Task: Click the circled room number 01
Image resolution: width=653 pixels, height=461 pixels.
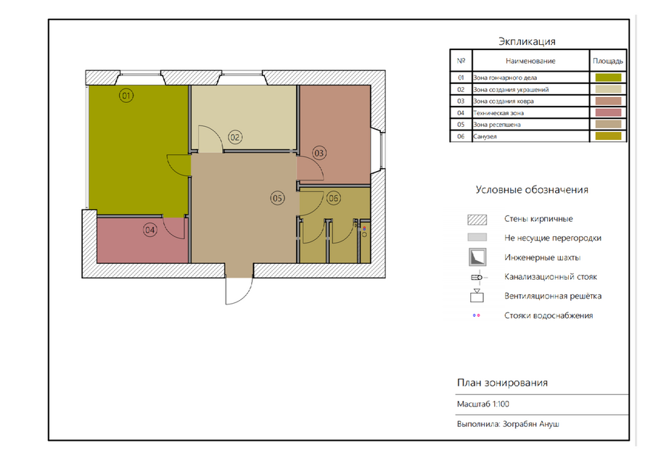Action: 126,96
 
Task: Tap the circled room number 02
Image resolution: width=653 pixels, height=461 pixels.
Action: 235,137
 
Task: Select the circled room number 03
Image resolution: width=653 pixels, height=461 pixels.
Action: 319,153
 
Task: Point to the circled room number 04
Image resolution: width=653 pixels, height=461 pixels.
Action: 150,230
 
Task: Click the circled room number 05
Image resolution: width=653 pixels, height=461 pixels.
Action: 277,198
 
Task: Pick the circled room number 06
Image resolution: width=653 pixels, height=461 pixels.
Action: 333,198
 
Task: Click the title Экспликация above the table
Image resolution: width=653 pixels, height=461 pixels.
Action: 527,41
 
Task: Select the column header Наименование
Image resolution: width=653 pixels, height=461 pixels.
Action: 530,61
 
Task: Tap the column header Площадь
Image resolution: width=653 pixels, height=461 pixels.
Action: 608,61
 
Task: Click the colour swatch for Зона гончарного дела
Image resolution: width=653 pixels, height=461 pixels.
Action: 608,78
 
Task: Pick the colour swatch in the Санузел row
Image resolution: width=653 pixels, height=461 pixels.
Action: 608,136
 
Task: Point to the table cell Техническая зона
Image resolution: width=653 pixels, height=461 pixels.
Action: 498,113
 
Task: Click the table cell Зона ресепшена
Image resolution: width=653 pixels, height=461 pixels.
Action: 497,125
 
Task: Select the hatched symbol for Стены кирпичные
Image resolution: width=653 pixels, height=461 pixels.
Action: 477,220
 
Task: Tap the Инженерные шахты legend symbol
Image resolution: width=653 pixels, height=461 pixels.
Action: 477,257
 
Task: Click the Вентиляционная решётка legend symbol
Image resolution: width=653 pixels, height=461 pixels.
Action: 477,296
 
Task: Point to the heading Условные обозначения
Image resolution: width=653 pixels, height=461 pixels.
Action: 532,190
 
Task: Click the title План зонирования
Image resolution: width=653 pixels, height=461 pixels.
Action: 502,383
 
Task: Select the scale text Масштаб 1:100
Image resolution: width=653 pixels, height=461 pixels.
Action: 483,404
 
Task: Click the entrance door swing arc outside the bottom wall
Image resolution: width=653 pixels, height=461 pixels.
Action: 245,297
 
